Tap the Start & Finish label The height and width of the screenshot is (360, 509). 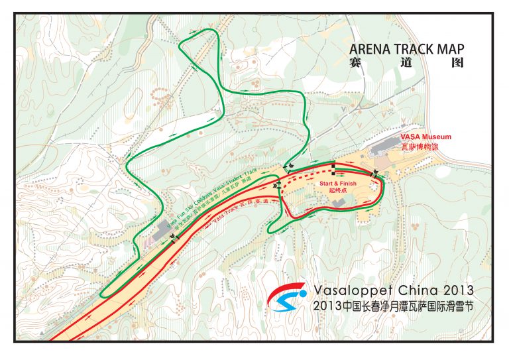click(338, 182)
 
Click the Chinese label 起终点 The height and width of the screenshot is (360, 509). click(338, 190)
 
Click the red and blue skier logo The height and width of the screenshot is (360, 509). click(287, 300)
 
